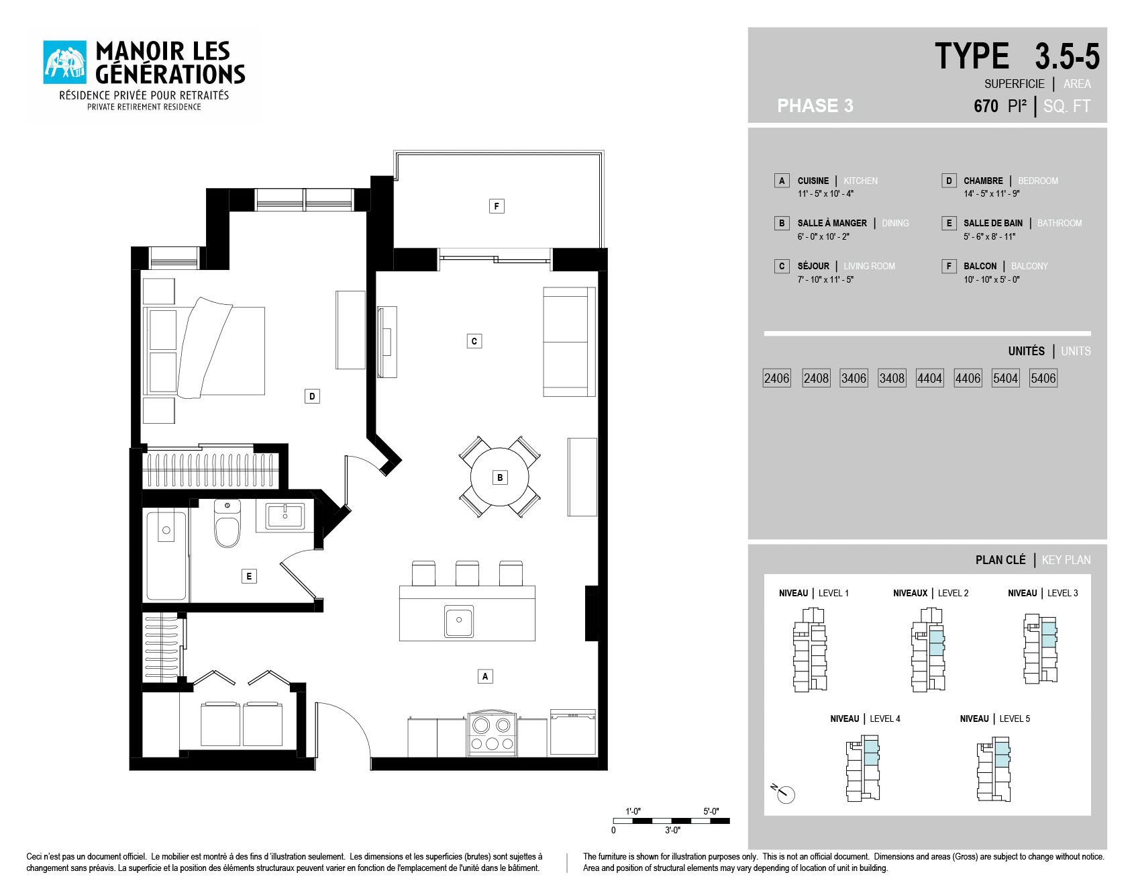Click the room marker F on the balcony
point(497,206)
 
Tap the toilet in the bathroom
point(227,523)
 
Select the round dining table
point(499,477)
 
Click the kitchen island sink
point(459,621)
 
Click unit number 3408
point(892,378)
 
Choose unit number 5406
point(1043,378)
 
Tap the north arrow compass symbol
point(784,793)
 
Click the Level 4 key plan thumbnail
point(863,768)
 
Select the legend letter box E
point(949,223)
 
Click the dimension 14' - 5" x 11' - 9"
point(992,194)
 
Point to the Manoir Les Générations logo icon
point(64,62)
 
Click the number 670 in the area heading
point(986,106)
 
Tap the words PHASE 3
point(815,106)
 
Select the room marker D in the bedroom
point(312,396)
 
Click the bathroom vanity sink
point(285,516)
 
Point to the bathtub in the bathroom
point(166,555)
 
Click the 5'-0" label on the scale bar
point(711,811)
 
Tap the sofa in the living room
point(569,342)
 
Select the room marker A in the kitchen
point(485,676)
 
